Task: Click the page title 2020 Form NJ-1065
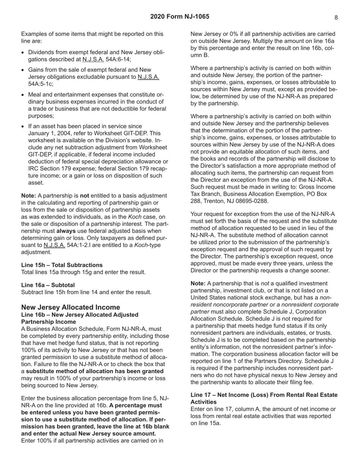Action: tap(180, 17)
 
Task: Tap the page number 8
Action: tap(336, 17)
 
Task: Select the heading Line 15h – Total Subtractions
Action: tap(62, 265)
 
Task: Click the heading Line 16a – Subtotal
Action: tap(48, 285)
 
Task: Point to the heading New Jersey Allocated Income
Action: tap(70, 307)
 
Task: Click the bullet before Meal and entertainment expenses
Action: tap(24, 95)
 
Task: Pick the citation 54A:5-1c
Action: tap(41, 84)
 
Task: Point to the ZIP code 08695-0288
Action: tap(251, 201)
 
